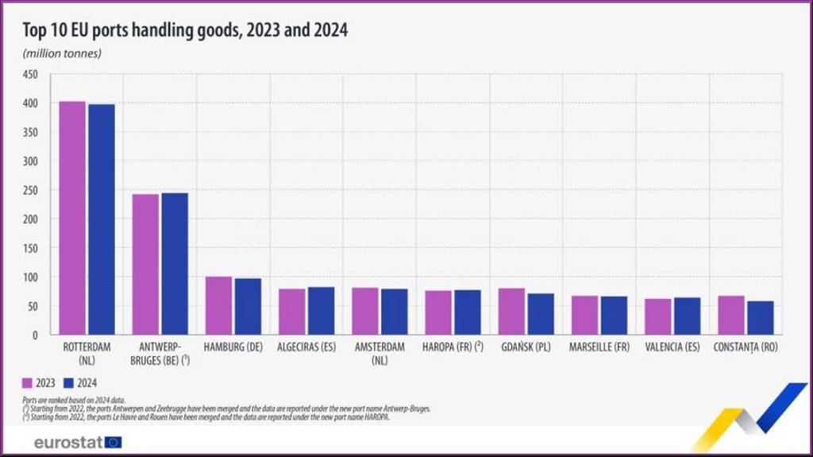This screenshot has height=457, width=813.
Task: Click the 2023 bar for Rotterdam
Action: [x=72, y=219]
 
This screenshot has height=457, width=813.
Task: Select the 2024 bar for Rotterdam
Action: [x=102, y=220]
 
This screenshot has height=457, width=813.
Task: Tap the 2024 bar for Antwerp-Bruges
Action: [x=175, y=264]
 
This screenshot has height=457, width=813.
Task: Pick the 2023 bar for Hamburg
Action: [x=218, y=306]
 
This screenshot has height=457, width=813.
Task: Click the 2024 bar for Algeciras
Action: [x=321, y=311]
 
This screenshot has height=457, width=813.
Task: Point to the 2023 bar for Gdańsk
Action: [x=511, y=312]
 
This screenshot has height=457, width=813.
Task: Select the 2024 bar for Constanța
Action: [x=761, y=318]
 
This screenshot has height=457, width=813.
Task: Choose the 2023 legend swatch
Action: [x=27, y=382]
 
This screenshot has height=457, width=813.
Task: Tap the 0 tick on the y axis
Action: [x=34, y=335]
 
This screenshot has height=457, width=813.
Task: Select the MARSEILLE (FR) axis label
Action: [x=599, y=347]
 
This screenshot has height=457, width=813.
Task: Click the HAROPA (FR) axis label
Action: [x=453, y=347]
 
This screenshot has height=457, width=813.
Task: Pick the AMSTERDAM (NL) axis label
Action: [x=380, y=353]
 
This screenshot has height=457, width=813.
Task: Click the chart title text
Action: [x=185, y=30]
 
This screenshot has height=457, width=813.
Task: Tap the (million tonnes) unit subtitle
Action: [x=63, y=53]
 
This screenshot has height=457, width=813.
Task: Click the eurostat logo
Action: [x=78, y=442]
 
